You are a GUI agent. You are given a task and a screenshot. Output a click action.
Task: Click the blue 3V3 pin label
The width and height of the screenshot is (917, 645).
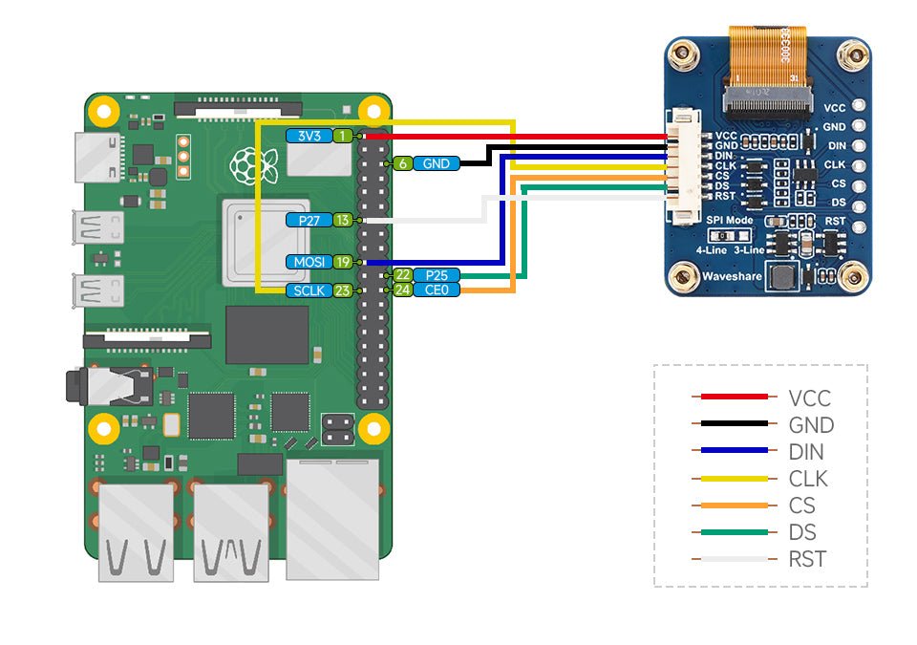coord(309,137)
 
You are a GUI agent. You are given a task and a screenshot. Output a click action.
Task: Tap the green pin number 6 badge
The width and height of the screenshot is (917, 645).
coord(403,163)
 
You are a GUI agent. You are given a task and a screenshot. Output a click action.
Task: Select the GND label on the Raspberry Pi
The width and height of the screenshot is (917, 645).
coord(436,163)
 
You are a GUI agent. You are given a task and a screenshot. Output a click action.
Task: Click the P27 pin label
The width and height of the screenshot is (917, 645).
coord(309,220)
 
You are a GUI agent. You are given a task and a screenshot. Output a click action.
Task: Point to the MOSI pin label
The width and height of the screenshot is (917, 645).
coord(309,261)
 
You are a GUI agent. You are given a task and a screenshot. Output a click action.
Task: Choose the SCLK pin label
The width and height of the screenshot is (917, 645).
coord(309,290)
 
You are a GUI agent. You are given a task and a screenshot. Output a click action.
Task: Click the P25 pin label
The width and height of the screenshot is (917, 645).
coord(436,275)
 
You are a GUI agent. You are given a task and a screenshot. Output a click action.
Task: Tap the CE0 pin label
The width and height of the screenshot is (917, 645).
coord(436,290)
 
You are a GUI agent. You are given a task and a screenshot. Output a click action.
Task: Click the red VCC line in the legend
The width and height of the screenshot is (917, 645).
coord(734,397)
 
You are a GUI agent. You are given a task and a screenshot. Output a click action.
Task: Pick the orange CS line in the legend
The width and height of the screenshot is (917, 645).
coord(734,505)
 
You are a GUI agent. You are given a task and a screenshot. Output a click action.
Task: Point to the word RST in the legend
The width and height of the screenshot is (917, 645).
coord(807,560)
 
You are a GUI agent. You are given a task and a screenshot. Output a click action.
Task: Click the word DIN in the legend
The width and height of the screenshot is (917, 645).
coord(806,452)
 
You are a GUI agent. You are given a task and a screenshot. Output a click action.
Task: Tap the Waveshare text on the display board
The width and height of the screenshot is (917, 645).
coord(731,276)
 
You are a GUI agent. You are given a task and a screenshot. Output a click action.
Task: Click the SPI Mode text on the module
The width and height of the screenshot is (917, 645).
coord(730,220)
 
